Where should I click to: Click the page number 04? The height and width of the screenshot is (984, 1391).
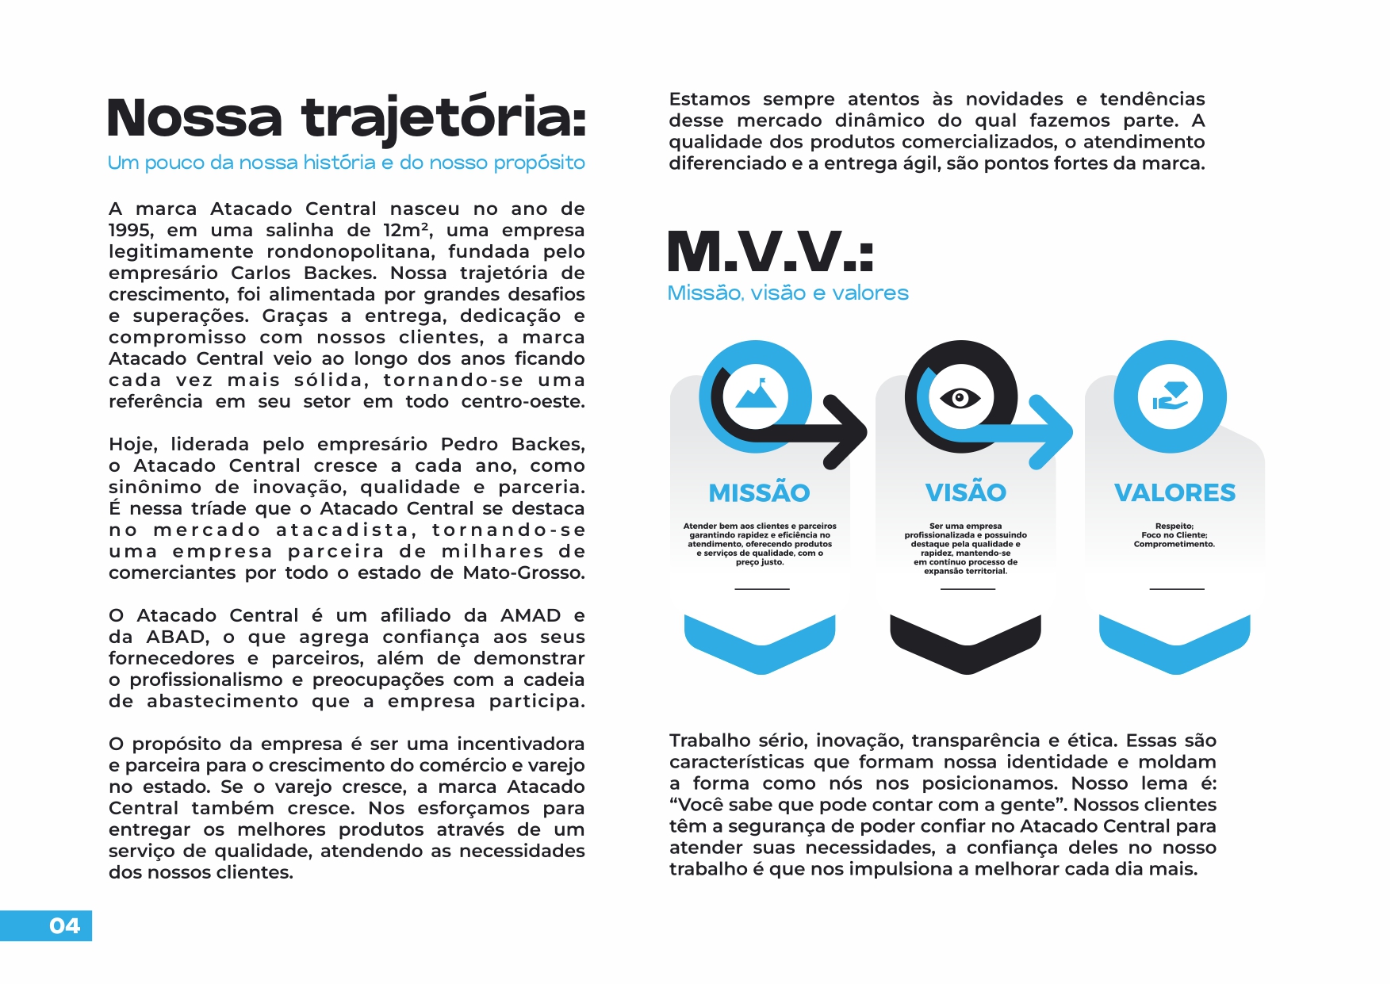pyautogui.click(x=64, y=925)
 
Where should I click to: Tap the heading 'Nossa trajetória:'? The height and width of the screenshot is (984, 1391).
pyautogui.click(x=347, y=118)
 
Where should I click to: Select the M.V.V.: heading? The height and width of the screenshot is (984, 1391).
pyautogui.click(x=770, y=252)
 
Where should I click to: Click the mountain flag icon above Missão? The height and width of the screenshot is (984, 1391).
pyautogui.click(x=756, y=395)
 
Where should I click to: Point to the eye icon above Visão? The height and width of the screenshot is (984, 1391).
pyautogui.click(x=960, y=396)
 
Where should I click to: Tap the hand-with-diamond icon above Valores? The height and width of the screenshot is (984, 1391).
pyautogui.click(x=1170, y=396)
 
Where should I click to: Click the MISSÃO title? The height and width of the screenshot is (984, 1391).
pyautogui.click(x=759, y=492)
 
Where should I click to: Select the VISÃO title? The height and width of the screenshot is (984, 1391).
pyautogui.click(x=965, y=492)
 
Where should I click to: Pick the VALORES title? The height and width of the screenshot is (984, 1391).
pyautogui.click(x=1174, y=492)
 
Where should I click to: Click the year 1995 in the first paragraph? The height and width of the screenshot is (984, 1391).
pyautogui.click(x=130, y=231)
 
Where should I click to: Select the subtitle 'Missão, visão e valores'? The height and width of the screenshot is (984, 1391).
pyautogui.click(x=787, y=293)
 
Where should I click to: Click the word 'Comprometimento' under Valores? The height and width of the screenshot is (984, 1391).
pyautogui.click(x=1174, y=544)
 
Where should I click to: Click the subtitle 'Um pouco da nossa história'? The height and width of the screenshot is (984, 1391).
pyautogui.click(x=346, y=163)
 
